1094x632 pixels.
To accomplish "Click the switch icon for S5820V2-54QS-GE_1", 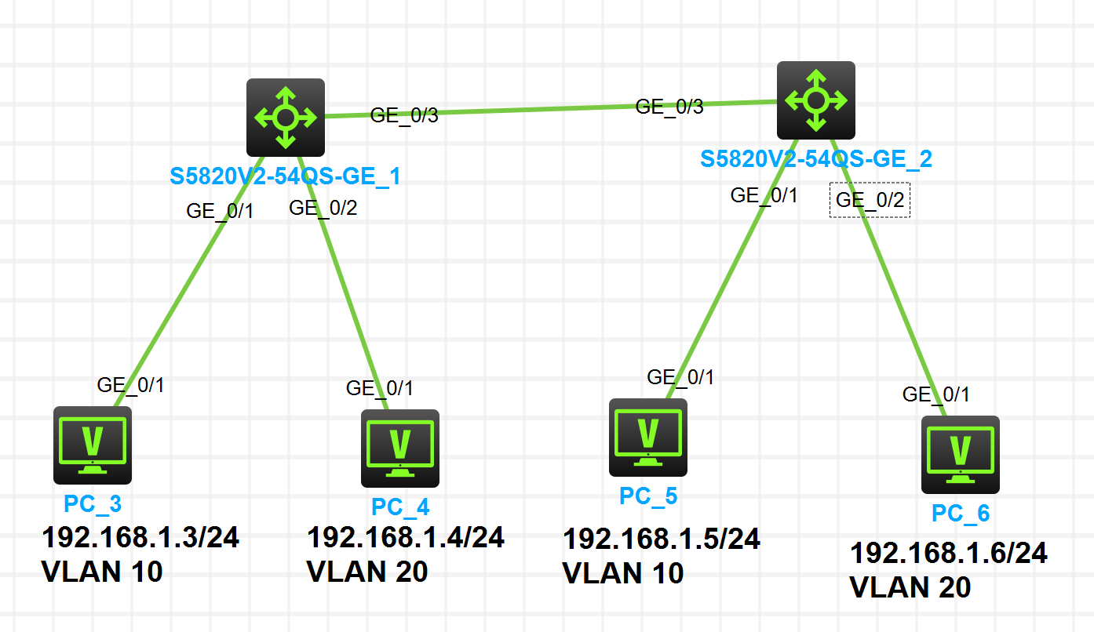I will click(x=285, y=118).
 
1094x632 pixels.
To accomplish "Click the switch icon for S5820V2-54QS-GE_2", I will click(x=815, y=100).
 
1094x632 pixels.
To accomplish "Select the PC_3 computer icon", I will click(x=93, y=445).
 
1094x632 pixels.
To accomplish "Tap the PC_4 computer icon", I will click(x=399, y=448).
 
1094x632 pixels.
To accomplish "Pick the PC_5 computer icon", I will click(x=647, y=438).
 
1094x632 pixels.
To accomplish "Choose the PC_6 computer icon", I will click(x=960, y=454).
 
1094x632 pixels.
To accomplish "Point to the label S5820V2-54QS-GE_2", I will click(x=816, y=159).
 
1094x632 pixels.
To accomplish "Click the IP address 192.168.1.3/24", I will click(x=140, y=538).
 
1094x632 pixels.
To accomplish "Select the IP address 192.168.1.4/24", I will click(x=405, y=537).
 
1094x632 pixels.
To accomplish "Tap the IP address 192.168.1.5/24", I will click(x=662, y=539).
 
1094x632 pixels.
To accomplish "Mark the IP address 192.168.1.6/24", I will click(x=949, y=553).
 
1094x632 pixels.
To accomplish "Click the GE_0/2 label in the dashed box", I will click(x=870, y=200).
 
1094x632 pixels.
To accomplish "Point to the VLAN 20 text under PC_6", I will click(x=910, y=587).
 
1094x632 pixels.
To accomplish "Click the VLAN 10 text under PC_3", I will click(x=102, y=572).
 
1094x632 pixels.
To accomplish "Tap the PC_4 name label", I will click(x=400, y=507).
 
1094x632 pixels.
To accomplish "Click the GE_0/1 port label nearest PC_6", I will click(x=935, y=394).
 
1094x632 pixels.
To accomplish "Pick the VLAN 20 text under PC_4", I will click(x=367, y=572).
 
